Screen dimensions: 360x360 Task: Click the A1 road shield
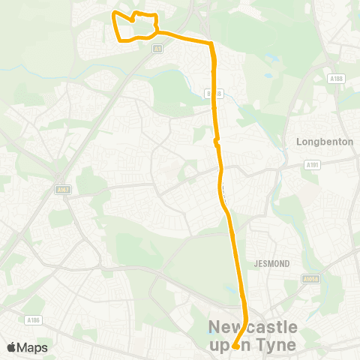pyautogui.click(x=157, y=49)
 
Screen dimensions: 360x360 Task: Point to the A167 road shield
pyautogui.click(x=62, y=190)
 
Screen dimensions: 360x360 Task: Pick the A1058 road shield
pyautogui.click(x=309, y=277)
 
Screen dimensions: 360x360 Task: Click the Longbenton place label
pyautogui.click(x=324, y=141)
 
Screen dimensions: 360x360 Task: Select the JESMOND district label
pyautogui.click(x=277, y=264)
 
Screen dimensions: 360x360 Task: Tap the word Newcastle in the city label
pyautogui.click(x=253, y=327)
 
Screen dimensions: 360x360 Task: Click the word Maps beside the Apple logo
pyautogui.click(x=33, y=347)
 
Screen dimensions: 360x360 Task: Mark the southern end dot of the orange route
pyautogui.click(x=235, y=346)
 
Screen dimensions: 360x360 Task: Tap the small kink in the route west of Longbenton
pyautogui.click(x=216, y=140)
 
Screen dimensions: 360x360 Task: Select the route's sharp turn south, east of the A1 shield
pyautogui.click(x=212, y=44)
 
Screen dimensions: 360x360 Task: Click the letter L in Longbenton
pyautogui.click(x=300, y=141)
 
